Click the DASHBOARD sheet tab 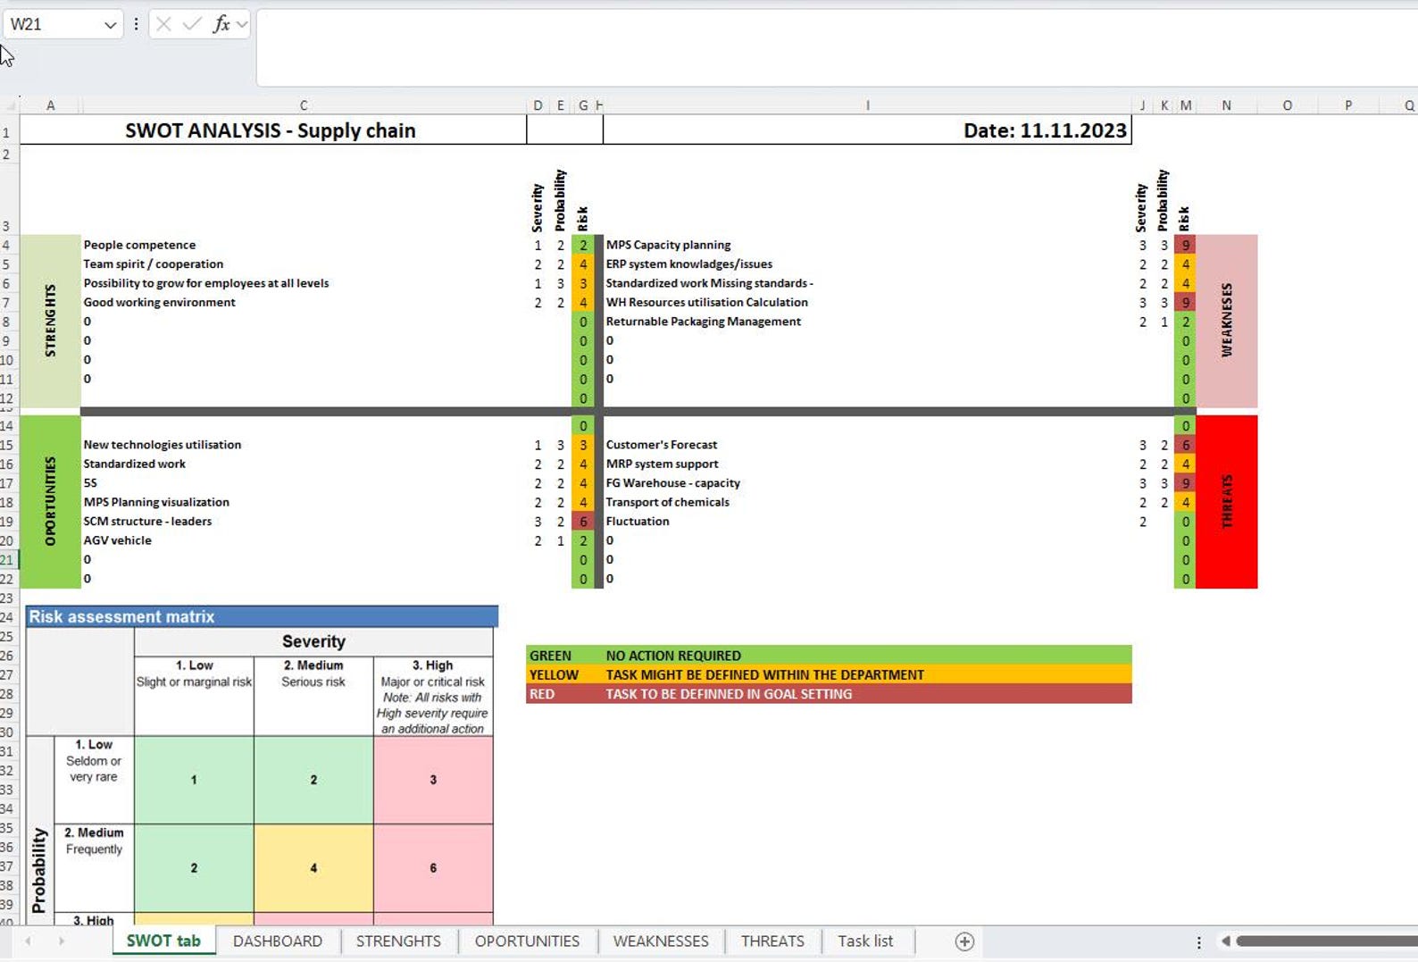[277, 941]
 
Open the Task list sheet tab [864, 941]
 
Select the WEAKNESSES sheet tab [661, 941]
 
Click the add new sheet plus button [964, 941]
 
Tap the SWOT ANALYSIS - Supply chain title [270, 130]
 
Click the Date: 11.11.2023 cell [1044, 130]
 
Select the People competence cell [139, 245]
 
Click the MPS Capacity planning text [668, 245]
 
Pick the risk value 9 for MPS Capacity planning [1185, 245]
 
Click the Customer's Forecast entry [661, 445]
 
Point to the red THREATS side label [1226, 501]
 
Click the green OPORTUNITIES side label [50, 501]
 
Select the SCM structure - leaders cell [147, 522]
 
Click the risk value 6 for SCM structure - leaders [583, 522]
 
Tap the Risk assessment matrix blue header [262, 616]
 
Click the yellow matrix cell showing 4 [313, 867]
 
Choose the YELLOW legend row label [554, 675]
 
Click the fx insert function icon [221, 24]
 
